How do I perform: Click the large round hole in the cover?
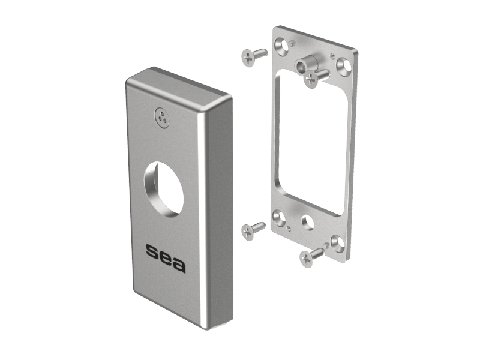(164, 190)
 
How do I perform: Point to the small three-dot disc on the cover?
(162, 117)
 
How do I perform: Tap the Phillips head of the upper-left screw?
(248, 58)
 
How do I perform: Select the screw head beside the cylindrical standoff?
(311, 79)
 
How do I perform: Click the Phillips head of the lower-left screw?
(248, 232)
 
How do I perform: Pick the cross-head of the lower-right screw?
(307, 259)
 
